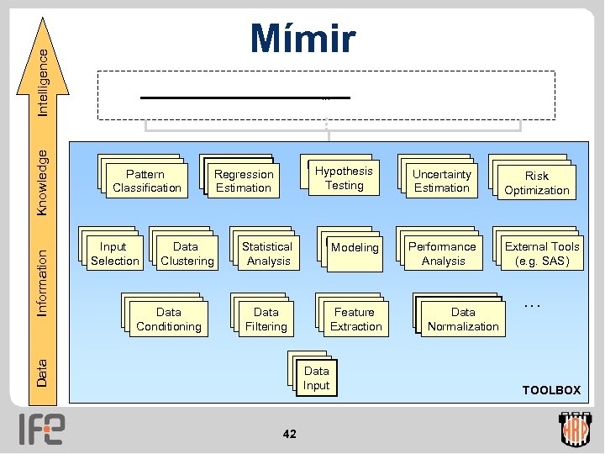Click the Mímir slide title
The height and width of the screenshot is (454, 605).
tap(302, 39)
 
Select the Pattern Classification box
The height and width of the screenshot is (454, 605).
tap(147, 182)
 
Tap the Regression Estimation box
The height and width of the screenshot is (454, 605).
tap(244, 182)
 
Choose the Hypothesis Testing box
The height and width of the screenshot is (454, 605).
tap(344, 178)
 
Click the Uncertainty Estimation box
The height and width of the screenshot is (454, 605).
tap(442, 182)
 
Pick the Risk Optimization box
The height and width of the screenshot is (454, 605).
tap(537, 183)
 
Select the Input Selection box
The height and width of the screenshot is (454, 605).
tap(114, 254)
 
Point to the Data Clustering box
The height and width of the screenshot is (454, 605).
tap(187, 254)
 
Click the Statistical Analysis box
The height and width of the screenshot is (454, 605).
tap(266, 254)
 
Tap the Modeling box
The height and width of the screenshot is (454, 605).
tap(355, 249)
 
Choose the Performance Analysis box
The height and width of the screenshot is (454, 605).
tap(442, 254)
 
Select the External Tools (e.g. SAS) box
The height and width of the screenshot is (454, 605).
tap(542, 254)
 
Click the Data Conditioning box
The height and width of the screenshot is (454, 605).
tap(169, 319)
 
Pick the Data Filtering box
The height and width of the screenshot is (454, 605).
tap(266, 319)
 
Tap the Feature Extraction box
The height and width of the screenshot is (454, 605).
tap(355, 319)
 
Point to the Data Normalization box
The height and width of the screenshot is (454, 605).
tap(463, 319)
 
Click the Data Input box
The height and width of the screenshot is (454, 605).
tap(317, 378)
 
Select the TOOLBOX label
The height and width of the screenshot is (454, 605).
tap(551, 390)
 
